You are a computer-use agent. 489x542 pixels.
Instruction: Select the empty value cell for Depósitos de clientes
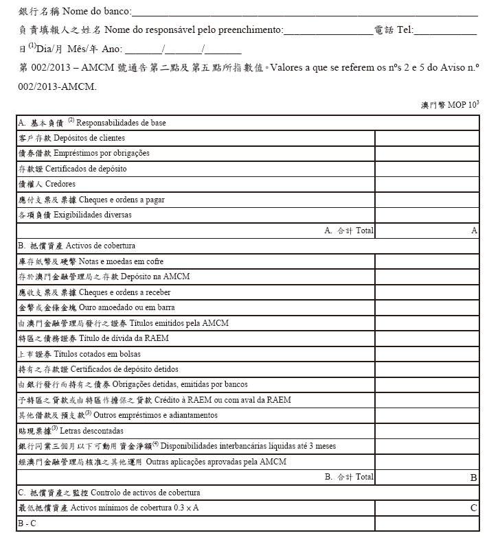click(x=427, y=138)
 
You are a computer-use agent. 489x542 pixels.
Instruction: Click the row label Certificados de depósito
click(x=90, y=169)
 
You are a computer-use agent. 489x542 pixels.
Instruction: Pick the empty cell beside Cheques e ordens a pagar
click(x=427, y=200)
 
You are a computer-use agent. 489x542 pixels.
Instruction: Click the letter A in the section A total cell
click(x=474, y=231)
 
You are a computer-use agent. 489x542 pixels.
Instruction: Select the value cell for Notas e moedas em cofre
click(x=427, y=261)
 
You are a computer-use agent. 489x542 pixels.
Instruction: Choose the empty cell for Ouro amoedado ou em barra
click(x=427, y=307)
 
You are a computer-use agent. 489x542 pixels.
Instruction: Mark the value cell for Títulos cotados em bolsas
click(x=427, y=353)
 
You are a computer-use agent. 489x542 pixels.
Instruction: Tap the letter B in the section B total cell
click(x=474, y=477)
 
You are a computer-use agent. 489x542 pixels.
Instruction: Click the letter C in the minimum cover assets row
click(x=474, y=508)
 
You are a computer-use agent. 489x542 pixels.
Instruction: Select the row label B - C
click(x=27, y=523)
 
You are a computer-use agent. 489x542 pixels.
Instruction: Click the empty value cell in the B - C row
click(x=427, y=523)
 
